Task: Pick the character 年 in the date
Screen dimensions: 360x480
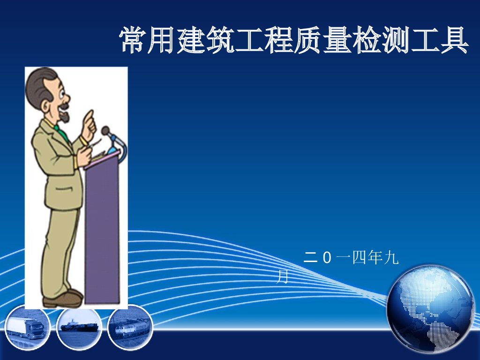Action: pyautogui.click(x=373, y=257)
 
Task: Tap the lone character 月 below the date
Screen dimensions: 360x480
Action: pyautogui.click(x=282, y=277)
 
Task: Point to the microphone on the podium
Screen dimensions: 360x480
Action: pyautogui.click(x=107, y=131)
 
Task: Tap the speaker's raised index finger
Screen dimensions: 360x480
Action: pyautogui.click(x=90, y=115)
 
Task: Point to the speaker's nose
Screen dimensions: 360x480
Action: pyautogui.click(x=67, y=98)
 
